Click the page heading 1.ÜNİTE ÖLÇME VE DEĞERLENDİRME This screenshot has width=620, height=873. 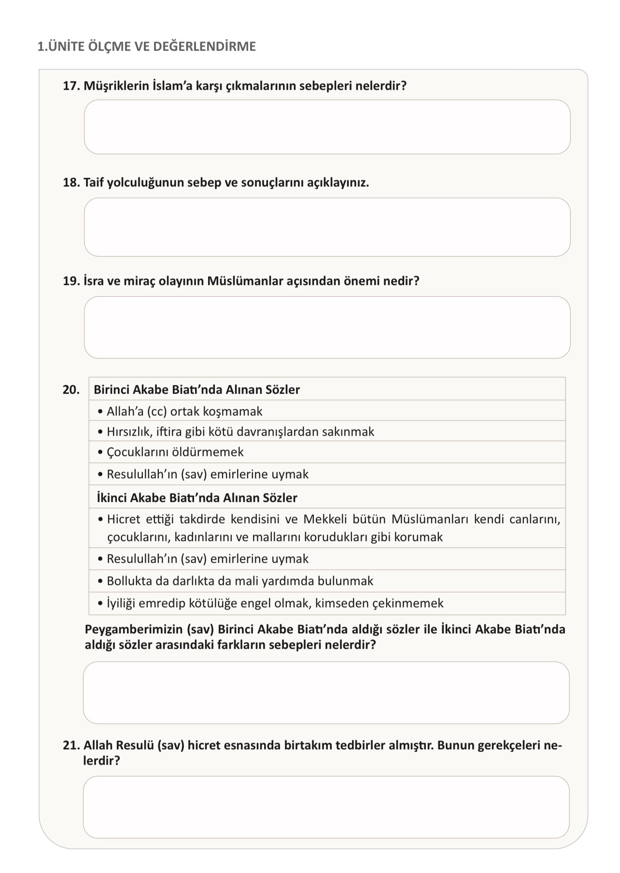146,47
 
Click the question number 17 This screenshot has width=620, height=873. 70,86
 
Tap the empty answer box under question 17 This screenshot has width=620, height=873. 327,127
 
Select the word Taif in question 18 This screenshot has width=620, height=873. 93,183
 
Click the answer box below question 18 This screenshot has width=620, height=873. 327,227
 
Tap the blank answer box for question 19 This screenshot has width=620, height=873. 327,327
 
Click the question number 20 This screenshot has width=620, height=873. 70,389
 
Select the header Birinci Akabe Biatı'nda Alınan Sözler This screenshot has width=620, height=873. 197,389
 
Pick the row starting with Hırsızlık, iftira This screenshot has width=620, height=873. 240,431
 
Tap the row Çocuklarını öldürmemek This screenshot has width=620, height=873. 175,452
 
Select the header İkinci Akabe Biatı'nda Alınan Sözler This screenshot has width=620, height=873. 197,498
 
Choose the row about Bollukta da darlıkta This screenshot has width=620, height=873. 240,581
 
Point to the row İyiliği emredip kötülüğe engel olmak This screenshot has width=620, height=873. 275,603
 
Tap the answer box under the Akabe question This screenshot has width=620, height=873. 326,692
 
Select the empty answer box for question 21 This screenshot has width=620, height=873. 326,807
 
